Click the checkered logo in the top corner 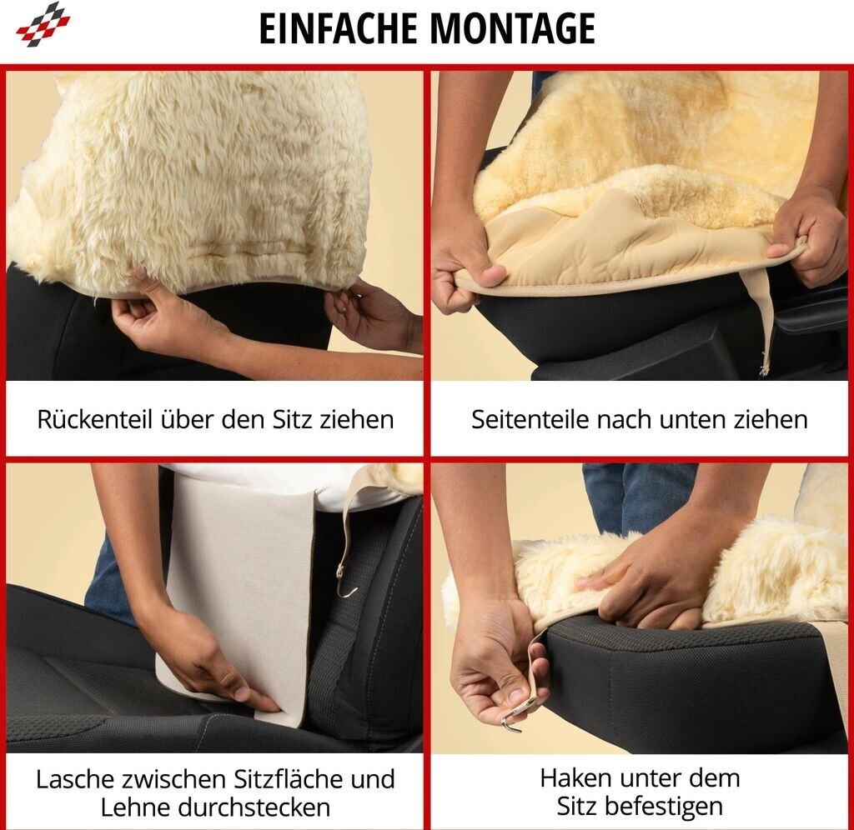43,24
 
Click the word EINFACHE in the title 339,29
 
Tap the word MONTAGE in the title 513,29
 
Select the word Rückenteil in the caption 94,420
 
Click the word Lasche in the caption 75,779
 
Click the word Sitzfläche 289,779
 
